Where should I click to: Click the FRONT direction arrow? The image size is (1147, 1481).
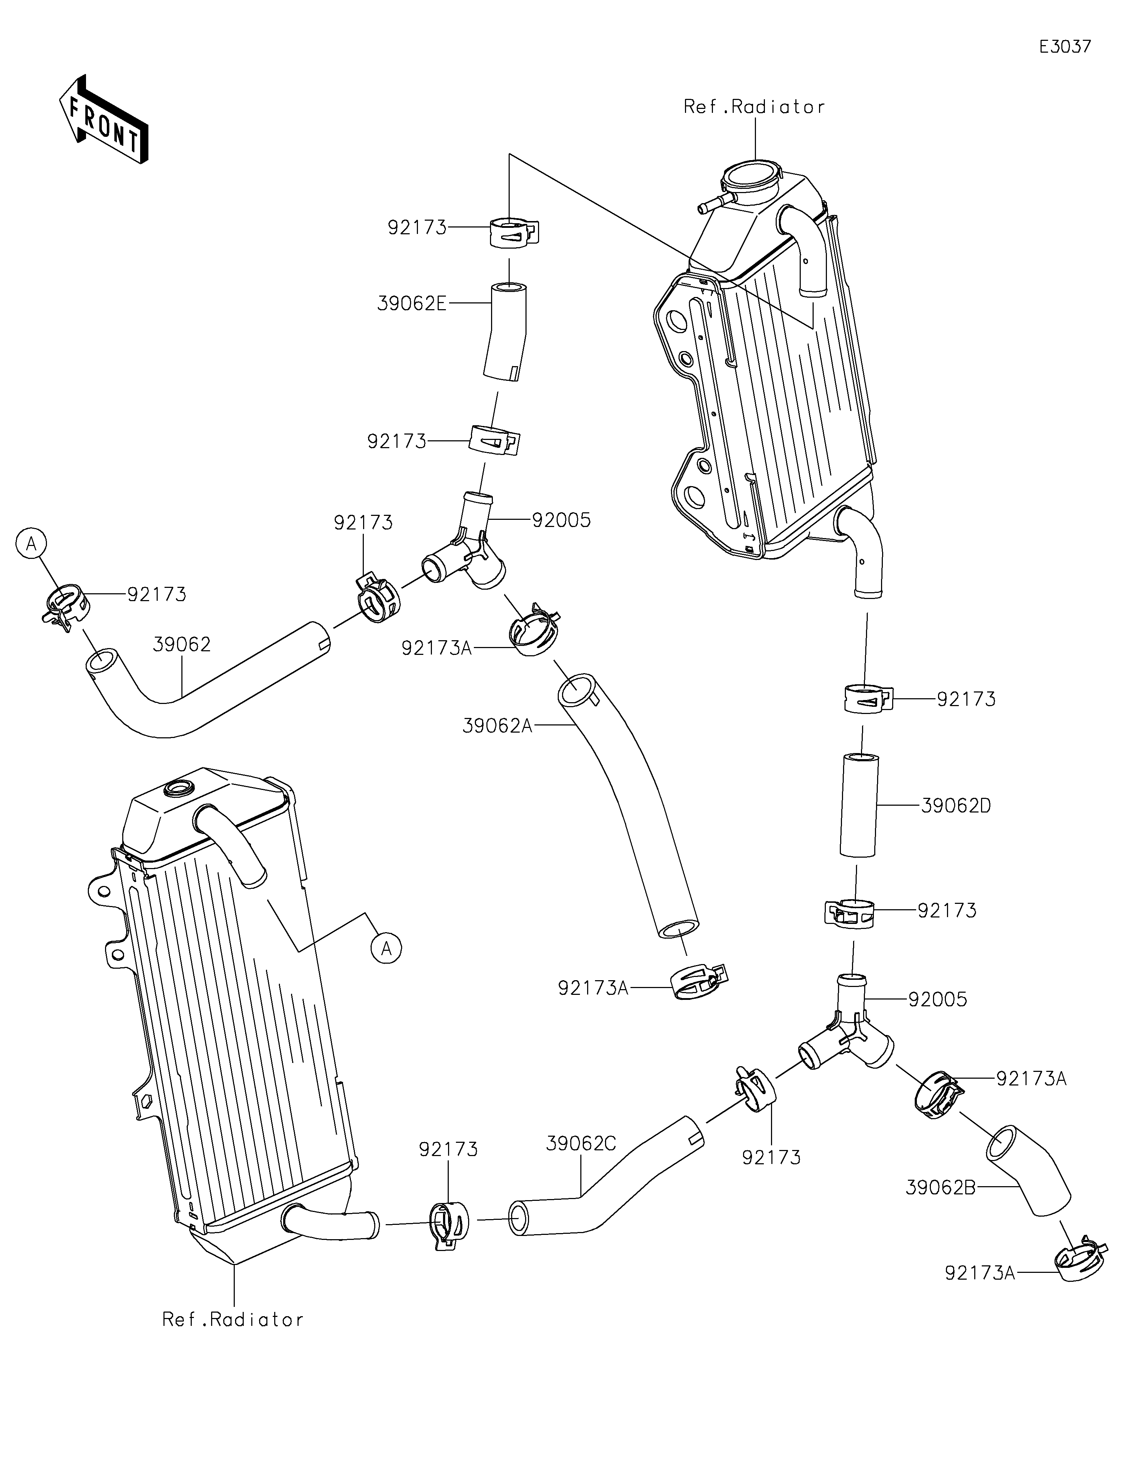click(104, 119)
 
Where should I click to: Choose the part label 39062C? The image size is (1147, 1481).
click(581, 1144)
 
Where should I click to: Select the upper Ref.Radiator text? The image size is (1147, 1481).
click(754, 107)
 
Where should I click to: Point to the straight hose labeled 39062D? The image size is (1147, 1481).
click(859, 805)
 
